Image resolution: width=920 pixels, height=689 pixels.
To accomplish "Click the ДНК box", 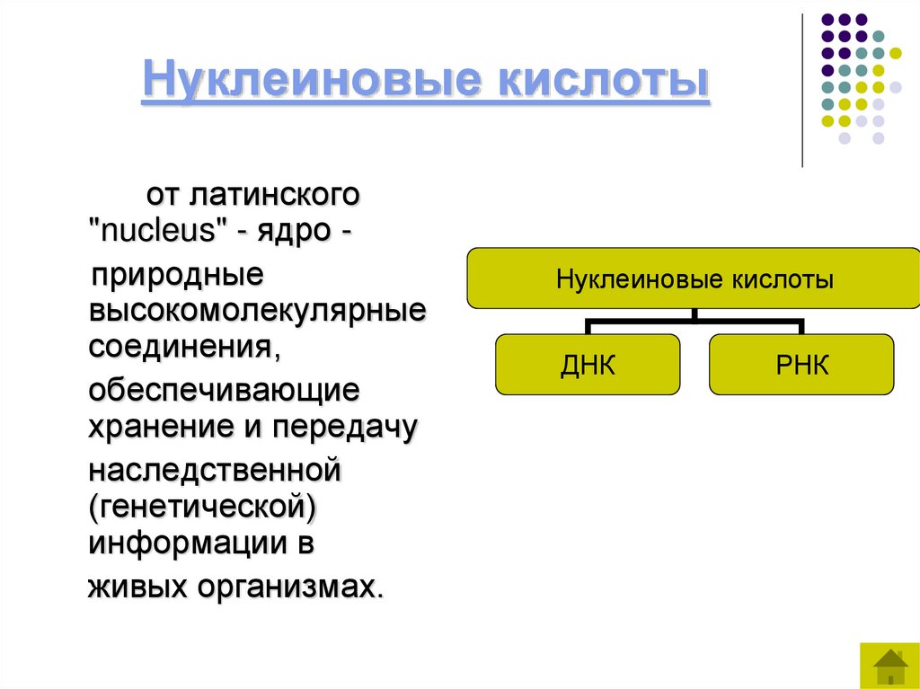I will (588, 365).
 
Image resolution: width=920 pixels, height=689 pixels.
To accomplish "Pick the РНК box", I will (801, 365).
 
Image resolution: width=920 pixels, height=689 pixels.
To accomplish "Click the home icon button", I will (889, 666).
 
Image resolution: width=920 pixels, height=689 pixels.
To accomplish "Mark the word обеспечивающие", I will (223, 391).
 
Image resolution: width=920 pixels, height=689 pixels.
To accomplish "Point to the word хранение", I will (155, 428).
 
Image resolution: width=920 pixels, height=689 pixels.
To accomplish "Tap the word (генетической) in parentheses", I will (202, 507).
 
